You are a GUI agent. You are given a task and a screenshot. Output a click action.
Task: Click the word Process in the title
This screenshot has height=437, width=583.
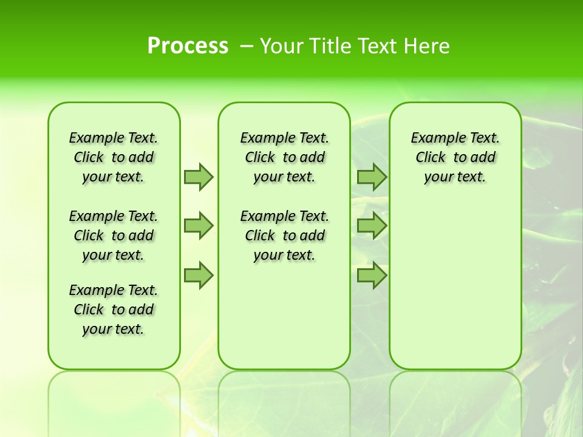188,46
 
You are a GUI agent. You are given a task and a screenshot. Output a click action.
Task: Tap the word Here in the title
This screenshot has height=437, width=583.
428,46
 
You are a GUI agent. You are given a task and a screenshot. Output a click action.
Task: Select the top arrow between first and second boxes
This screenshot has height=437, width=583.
198,177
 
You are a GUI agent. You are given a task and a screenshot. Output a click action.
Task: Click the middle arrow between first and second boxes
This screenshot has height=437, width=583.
198,226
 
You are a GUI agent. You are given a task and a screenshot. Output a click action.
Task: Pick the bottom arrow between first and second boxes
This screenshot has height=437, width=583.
198,276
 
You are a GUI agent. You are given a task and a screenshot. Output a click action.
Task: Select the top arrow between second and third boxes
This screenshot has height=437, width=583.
372,177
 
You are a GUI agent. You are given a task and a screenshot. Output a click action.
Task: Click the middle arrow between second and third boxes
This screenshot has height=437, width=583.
372,226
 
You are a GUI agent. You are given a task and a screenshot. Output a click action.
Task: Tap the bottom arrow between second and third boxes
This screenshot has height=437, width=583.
372,276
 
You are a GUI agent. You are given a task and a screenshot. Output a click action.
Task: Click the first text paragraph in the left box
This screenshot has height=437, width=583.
114,157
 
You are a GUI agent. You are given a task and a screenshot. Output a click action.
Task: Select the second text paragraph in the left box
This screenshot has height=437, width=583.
114,235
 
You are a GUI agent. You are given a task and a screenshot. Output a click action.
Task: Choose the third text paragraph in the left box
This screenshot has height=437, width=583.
114,310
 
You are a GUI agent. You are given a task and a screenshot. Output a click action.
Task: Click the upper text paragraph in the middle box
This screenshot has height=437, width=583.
284,157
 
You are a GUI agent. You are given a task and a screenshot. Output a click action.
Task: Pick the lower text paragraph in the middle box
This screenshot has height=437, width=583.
284,235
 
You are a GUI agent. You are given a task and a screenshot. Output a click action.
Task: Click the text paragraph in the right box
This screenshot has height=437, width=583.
455,157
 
